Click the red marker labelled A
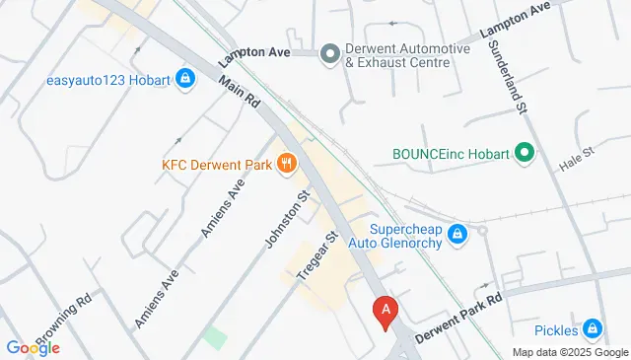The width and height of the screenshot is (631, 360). point(386,311)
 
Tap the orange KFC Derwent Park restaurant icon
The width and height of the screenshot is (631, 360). point(287,164)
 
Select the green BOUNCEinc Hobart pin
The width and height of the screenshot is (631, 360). point(525,154)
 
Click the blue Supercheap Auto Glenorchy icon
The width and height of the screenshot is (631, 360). point(456,234)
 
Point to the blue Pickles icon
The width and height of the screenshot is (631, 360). point(592,328)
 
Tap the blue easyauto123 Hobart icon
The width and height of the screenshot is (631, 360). point(184,79)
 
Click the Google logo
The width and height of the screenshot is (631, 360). point(33,347)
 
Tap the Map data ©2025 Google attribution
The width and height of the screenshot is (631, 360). point(569,352)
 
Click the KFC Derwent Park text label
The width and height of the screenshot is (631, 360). point(218,165)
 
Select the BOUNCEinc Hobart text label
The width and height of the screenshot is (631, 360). point(451,155)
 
